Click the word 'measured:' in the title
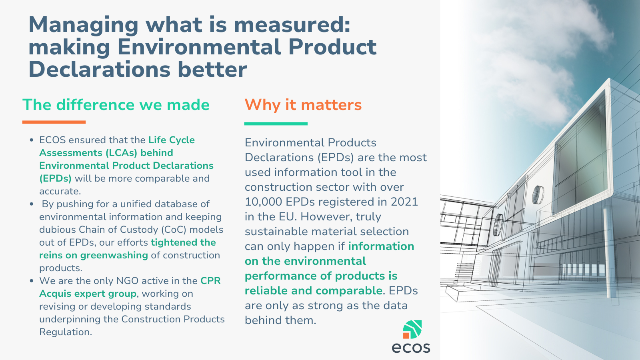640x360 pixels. [292, 25]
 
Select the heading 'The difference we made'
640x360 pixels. [116, 104]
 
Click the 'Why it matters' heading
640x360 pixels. [303, 104]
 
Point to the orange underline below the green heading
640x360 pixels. [54, 122]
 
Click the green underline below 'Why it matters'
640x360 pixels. [276, 124]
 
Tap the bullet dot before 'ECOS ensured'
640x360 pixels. [32, 140]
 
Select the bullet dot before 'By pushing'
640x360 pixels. [32, 204]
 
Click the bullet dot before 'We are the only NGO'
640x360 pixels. [32, 281]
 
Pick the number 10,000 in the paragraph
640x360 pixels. [264, 202]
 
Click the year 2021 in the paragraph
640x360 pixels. [404, 202]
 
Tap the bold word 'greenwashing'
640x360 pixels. [114, 255]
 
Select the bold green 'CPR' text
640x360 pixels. [210, 281]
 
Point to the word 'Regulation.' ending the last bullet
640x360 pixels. [66, 332]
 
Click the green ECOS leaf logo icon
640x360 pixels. [412, 329]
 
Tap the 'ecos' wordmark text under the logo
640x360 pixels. [411, 348]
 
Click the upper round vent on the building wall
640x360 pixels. [538, 195]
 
